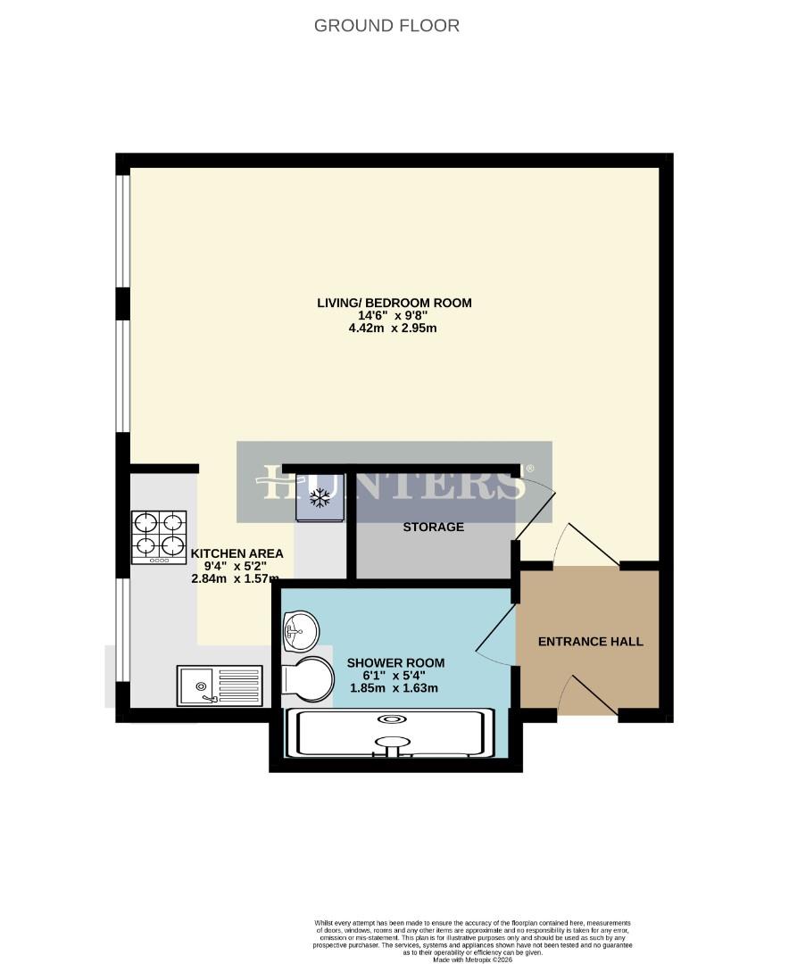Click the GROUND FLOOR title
point(386,26)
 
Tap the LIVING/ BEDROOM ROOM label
point(394,303)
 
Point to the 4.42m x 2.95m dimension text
point(394,328)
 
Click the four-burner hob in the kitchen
point(160,537)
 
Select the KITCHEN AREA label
point(229,553)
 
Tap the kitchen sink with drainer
point(220,686)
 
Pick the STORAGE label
point(433,527)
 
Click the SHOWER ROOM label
point(395,662)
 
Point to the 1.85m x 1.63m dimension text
point(393,688)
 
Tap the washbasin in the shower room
point(300,632)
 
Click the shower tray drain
point(391,719)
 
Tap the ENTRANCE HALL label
point(590,642)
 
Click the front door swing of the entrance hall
point(589,696)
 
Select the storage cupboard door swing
point(536,509)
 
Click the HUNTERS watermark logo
point(394,483)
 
